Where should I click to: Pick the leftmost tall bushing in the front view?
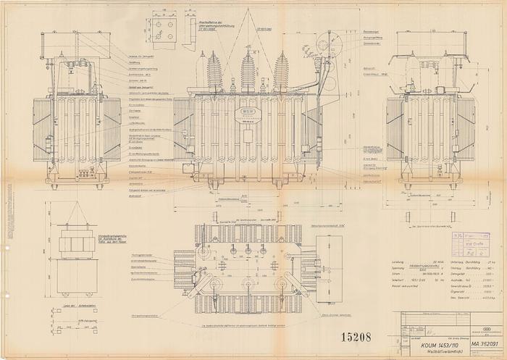(214, 71)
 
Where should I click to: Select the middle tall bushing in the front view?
(248, 71)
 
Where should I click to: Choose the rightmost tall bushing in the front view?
(281, 71)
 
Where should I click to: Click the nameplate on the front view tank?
(248, 115)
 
